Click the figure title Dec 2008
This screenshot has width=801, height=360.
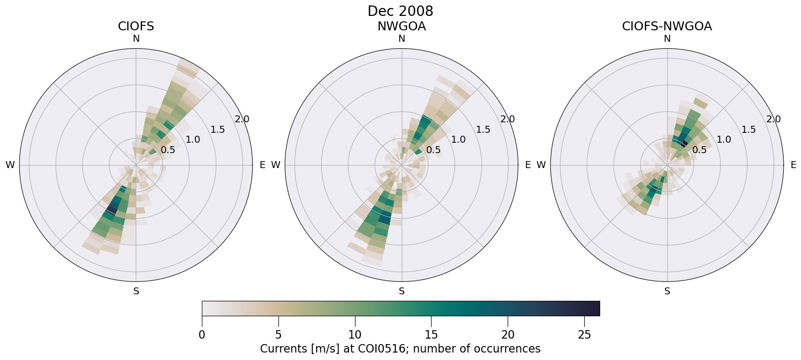tap(400, 11)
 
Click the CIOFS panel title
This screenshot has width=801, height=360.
tap(136, 26)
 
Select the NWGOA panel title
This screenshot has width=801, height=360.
tap(401, 26)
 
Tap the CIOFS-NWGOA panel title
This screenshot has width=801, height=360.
tap(667, 26)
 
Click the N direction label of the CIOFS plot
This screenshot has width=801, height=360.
tap(136, 39)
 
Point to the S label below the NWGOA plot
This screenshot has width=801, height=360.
tap(402, 291)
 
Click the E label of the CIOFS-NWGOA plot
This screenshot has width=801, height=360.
tap(793, 165)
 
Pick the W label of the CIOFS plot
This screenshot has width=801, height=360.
tap(10, 165)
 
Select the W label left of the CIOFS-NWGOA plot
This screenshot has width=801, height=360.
tap(541, 165)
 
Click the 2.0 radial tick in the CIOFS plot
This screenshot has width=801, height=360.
tap(242, 119)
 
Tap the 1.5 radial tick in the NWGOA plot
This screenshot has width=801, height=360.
tap(483, 130)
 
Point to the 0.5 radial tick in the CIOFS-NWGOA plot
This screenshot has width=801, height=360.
tap(699, 150)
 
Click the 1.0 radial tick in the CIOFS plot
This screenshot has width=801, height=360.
tap(193, 140)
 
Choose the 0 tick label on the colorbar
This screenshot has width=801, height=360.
tap(202, 335)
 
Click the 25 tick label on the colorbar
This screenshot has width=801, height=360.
tap(584, 335)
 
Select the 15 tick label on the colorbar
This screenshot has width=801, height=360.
tap(431, 335)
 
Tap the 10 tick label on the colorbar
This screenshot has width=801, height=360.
tap(355, 335)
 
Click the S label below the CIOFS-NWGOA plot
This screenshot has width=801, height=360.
tap(667, 291)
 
